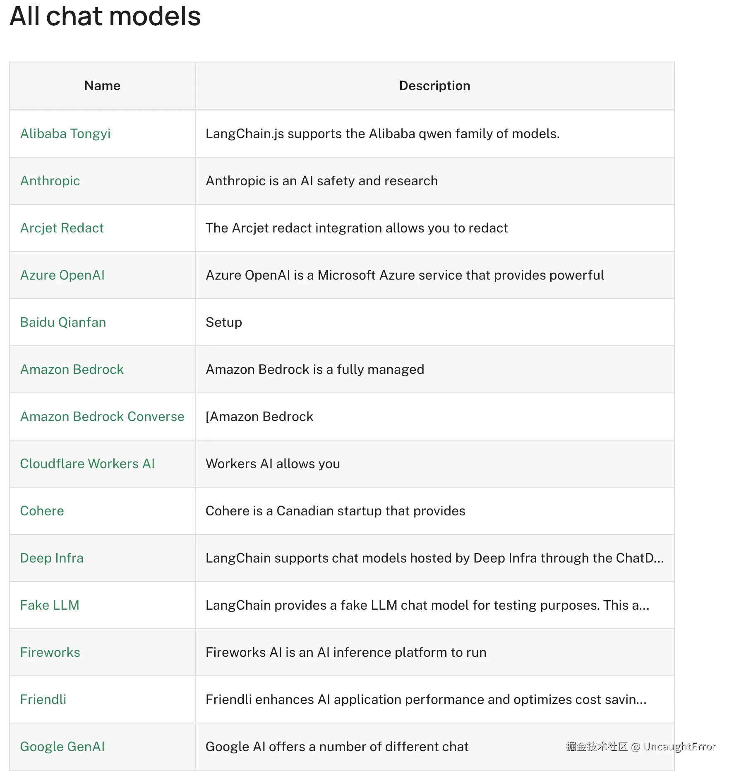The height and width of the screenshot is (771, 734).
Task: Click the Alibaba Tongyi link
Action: (65, 134)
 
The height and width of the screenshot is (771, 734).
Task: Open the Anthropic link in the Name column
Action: (50, 181)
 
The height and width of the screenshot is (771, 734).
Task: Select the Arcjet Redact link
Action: (62, 228)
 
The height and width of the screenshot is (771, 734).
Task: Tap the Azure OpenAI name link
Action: (62, 275)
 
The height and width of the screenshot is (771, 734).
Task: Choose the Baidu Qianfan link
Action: (63, 322)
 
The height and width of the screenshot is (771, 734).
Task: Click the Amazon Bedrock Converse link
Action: (102, 417)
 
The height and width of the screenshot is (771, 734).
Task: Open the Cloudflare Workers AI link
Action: (87, 464)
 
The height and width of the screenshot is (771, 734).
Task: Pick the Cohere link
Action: (42, 511)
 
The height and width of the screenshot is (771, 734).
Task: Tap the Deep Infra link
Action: (52, 558)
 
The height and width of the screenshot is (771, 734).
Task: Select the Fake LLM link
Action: (50, 605)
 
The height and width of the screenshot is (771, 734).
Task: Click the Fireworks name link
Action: (50, 652)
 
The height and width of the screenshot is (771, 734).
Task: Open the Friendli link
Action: (43, 699)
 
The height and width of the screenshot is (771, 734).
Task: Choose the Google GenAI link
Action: (62, 747)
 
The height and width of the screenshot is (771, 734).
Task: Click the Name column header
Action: (102, 86)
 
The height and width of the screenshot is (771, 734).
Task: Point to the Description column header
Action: (434, 86)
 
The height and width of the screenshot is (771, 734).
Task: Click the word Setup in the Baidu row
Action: (224, 322)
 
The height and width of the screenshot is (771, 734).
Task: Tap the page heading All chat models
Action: (105, 17)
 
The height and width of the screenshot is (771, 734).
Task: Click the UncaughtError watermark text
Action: (679, 746)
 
